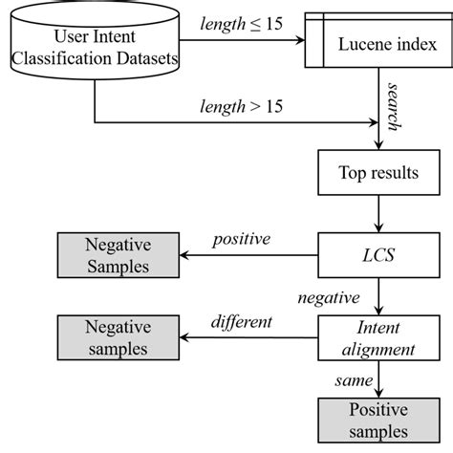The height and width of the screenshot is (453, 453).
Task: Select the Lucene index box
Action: pos(377,44)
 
